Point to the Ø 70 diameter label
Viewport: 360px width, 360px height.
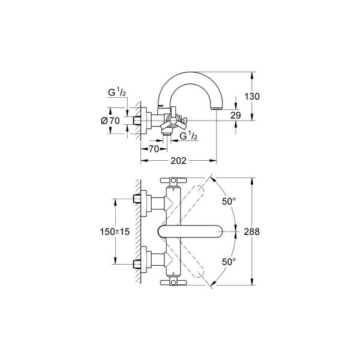[112, 120]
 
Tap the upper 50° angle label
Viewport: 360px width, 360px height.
[229, 202]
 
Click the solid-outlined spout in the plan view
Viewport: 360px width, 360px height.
[192, 231]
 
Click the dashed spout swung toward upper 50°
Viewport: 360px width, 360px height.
[201, 192]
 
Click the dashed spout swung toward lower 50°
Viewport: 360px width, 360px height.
[201, 270]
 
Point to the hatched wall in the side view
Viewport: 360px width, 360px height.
[137, 120]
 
